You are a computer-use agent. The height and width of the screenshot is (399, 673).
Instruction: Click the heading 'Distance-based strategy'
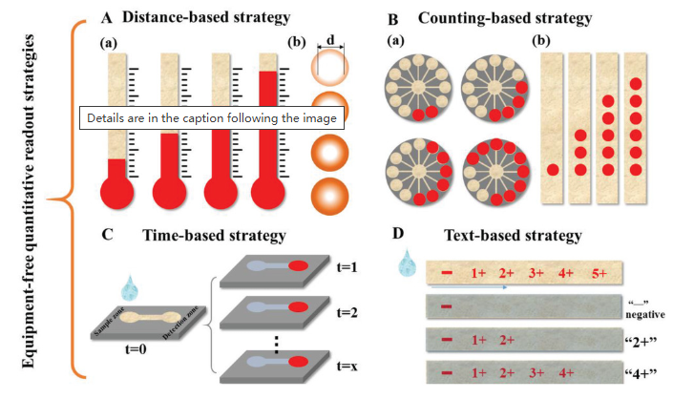pos(206,17)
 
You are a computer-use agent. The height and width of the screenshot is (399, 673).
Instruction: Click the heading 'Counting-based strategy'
pos(505,18)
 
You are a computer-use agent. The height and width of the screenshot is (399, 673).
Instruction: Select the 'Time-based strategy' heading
pos(214,236)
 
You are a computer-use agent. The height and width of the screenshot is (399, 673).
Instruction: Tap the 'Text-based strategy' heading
pos(513,235)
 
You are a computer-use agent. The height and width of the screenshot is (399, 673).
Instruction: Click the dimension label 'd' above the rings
pos(330,39)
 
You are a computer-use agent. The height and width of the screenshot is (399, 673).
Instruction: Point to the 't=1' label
pos(347,267)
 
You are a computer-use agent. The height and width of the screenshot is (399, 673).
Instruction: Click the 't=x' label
pos(347,366)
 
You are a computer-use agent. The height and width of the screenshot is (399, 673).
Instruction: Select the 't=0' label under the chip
pos(136,348)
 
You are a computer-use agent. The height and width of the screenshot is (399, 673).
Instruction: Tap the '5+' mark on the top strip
pos(599,273)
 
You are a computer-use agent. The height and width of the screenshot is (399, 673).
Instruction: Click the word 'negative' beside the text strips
pos(645,314)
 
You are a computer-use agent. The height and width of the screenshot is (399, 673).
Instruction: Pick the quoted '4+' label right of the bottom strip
pos(641,373)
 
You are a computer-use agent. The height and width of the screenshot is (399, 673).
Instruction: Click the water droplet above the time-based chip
pos(130,288)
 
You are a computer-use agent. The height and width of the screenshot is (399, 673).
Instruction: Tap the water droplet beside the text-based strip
pos(407,262)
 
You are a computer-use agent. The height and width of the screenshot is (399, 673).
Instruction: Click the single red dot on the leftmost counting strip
pos(553,170)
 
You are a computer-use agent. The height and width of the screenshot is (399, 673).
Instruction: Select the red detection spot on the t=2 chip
pos(298,307)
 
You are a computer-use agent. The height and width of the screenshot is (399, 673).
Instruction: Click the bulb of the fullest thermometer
pos(268,192)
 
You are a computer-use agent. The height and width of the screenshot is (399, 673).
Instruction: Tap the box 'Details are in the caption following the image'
pos(212,117)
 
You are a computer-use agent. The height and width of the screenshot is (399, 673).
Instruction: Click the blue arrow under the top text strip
pos(469,287)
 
